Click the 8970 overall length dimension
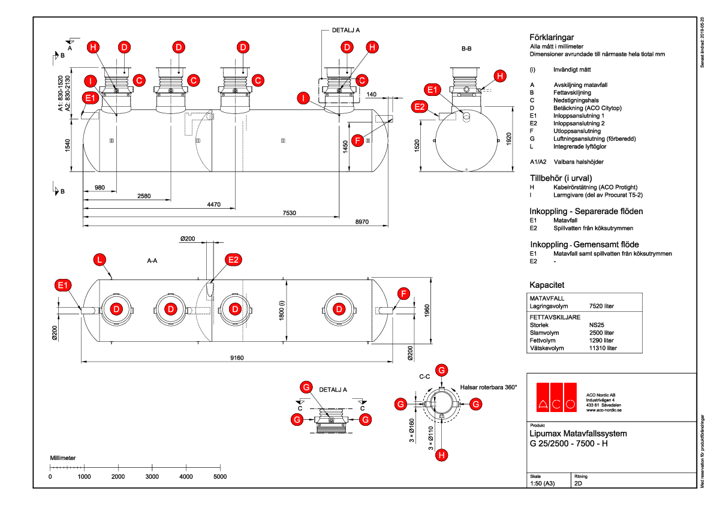tap(362, 222)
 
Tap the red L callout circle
tap(100, 259)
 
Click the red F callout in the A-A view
tap(404, 293)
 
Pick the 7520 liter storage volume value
tap(602, 306)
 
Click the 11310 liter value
tap(603, 348)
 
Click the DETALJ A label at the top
tap(346, 29)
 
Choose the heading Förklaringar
tap(552, 37)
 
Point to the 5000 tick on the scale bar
tap(220, 476)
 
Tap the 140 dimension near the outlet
tap(371, 95)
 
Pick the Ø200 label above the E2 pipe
tap(188, 239)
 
